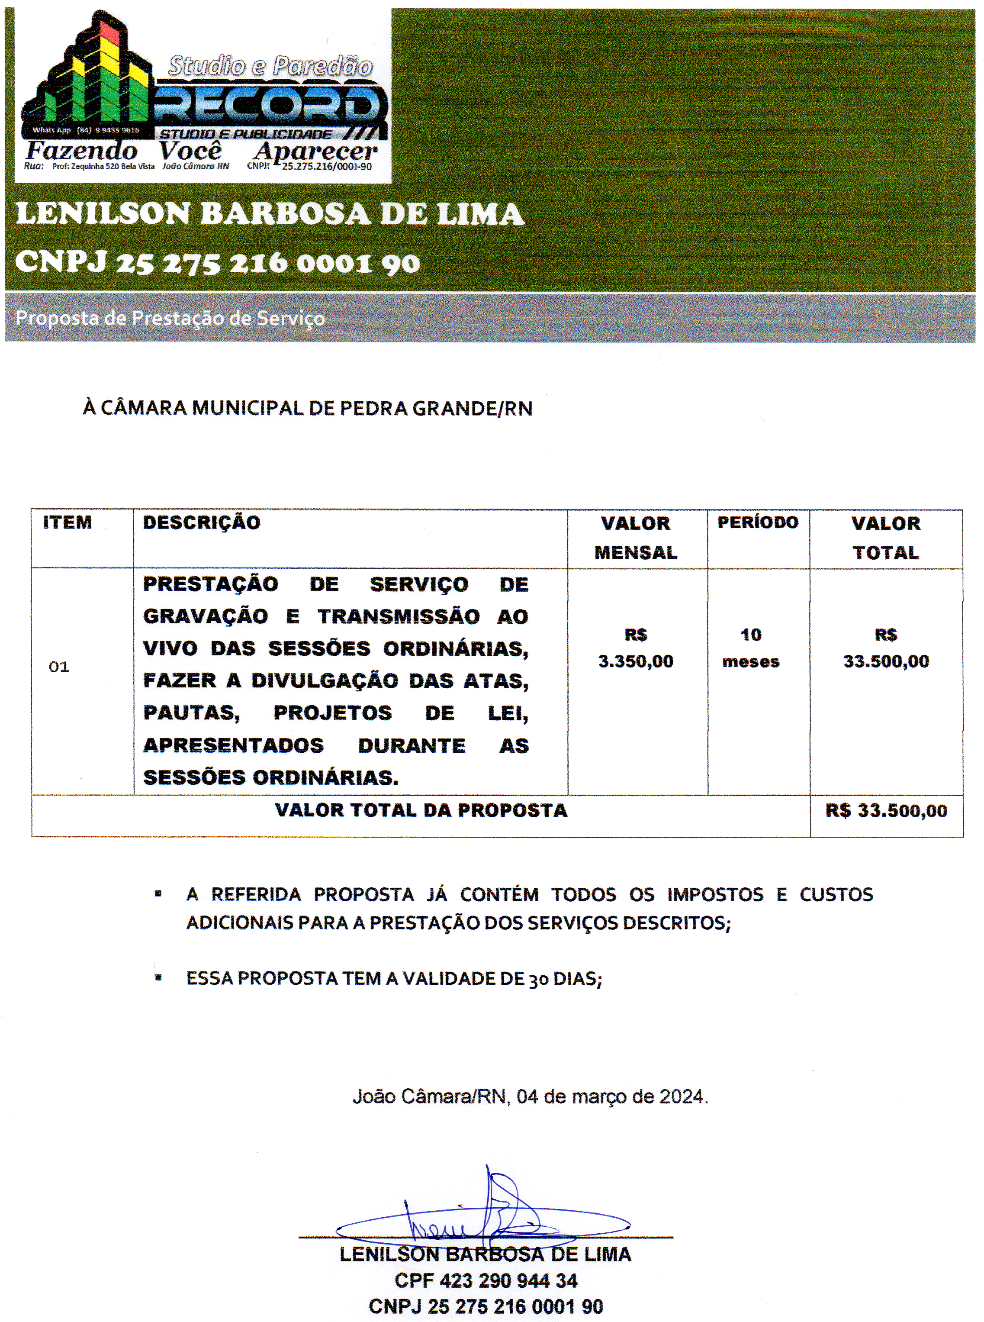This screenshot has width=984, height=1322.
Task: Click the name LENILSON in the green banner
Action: [103, 213]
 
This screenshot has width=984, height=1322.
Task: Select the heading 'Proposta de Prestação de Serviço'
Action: [170, 318]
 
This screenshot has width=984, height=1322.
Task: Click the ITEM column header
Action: [68, 522]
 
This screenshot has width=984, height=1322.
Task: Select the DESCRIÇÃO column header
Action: [201, 522]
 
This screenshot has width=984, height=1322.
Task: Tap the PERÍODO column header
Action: [758, 522]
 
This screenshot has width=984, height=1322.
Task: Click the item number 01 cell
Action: [59, 667]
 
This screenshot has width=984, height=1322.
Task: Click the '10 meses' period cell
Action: [750, 648]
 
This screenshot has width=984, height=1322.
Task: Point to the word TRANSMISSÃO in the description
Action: [399, 616]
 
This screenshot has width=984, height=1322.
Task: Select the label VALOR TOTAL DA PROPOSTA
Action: [421, 810]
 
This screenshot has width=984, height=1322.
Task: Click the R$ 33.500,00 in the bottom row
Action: [886, 811]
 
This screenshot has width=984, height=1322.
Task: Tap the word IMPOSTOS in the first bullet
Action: [715, 894]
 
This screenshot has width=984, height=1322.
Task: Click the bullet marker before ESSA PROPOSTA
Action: [158, 978]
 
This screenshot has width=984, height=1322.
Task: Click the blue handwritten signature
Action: [482, 1216]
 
